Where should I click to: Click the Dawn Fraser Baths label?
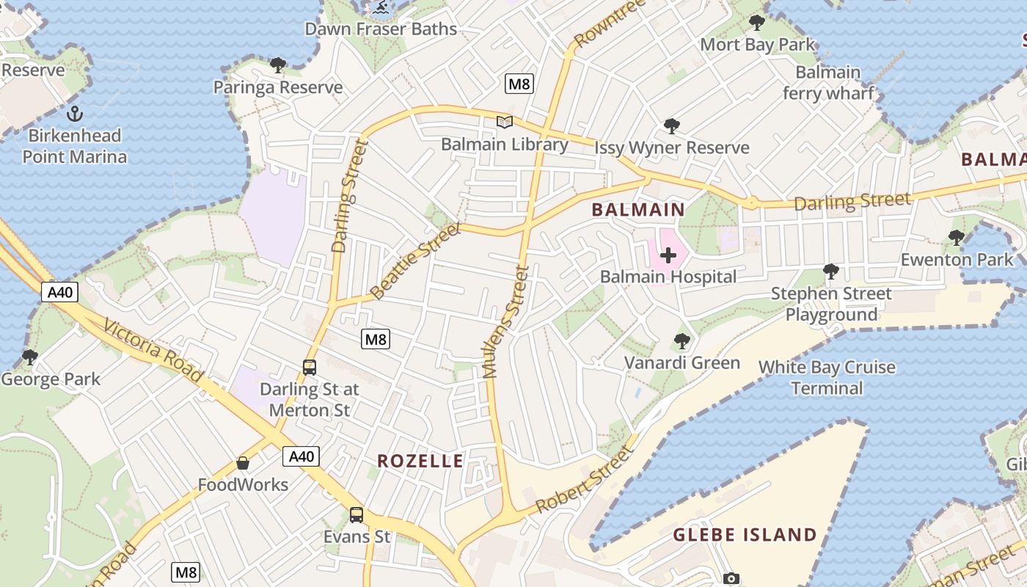[381, 29]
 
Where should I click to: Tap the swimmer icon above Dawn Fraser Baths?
[381, 8]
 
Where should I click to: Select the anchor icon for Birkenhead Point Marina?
[74, 114]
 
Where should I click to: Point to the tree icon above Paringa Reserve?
[277, 65]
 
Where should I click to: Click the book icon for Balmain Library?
[504, 122]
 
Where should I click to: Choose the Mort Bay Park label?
[757, 44]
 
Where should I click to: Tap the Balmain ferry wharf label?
[828, 83]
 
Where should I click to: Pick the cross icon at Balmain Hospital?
[668, 255]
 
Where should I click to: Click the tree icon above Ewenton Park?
[956, 237]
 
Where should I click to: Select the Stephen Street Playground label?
[831, 304]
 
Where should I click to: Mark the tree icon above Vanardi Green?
[681, 341]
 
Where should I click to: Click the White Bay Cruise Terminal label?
[827, 377]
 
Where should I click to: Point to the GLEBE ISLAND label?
[745, 535]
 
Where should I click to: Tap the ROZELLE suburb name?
[420, 461]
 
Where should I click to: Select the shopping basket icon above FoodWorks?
[243, 463]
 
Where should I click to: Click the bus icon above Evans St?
[357, 515]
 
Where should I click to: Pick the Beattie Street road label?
[415, 261]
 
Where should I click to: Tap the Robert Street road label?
[584, 480]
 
